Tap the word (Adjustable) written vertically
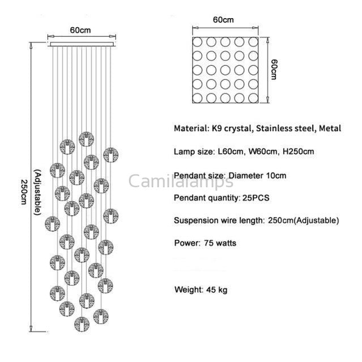click(38, 192)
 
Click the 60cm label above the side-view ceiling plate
click(80, 30)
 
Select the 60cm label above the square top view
click(223, 20)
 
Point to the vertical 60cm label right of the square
click(274, 70)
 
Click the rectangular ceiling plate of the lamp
click(82, 44)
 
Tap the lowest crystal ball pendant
click(82, 324)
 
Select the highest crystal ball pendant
click(86, 139)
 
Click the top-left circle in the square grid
click(197, 42)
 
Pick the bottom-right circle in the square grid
click(253, 98)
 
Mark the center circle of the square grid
click(225, 70)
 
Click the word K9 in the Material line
click(217, 129)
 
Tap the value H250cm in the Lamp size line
click(299, 152)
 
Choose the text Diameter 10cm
click(257, 176)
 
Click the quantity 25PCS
click(256, 198)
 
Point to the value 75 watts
click(220, 243)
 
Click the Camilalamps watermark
click(181, 181)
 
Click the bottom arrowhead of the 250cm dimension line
click(31, 329)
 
